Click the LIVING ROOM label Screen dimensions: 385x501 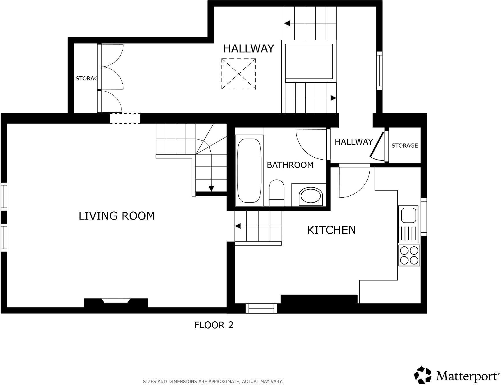pyautogui.click(x=117, y=216)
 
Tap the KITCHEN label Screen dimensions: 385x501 pyautogui.click(x=331, y=230)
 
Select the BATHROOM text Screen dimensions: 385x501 pyautogui.click(x=290, y=165)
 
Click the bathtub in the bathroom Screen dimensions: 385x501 pyautogui.click(x=249, y=171)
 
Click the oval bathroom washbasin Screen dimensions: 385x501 pyautogui.click(x=311, y=197)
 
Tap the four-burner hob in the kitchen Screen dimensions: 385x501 pyautogui.click(x=409, y=255)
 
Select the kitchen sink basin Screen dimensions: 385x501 pyautogui.click(x=408, y=215)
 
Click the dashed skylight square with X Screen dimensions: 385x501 pyautogui.click(x=239, y=74)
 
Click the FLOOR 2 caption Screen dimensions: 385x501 pyautogui.click(x=214, y=325)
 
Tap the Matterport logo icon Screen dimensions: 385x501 pyautogui.click(x=423, y=375)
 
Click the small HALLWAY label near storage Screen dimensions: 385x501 pyautogui.click(x=354, y=142)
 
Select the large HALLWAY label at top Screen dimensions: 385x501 pyautogui.click(x=248, y=49)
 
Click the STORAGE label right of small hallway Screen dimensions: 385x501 pyautogui.click(x=404, y=146)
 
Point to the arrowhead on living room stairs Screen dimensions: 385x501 pyautogui.click(x=211, y=189)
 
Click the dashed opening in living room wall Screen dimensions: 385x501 pyautogui.click(x=125, y=118)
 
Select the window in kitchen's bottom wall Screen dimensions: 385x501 pyautogui.click(x=261, y=308)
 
